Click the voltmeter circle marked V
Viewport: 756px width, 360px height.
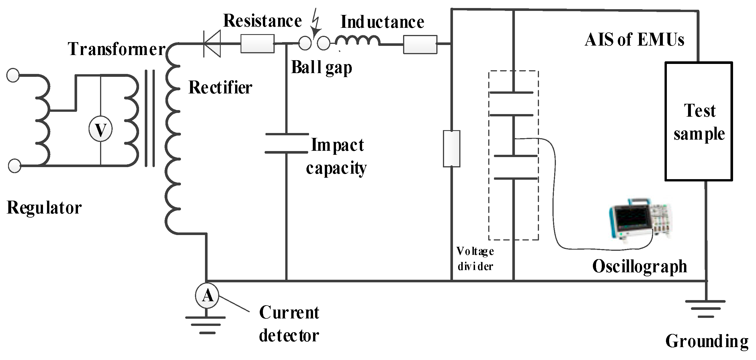pos(100,129)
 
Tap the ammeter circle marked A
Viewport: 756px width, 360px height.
pos(207,296)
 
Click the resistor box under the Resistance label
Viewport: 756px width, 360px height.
pos(257,44)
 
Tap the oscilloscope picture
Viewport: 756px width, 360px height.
pos(640,220)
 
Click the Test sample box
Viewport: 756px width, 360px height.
pos(698,122)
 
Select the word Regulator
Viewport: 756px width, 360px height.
pos(44,208)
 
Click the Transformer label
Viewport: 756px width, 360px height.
pos(116,49)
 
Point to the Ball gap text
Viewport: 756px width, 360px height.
pos(321,67)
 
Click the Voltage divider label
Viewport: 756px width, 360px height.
pos(475,259)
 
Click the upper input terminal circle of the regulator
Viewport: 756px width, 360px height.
pos(13,75)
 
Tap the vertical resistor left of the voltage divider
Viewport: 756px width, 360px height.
pos(451,149)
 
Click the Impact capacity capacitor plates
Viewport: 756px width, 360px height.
pos(286,143)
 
